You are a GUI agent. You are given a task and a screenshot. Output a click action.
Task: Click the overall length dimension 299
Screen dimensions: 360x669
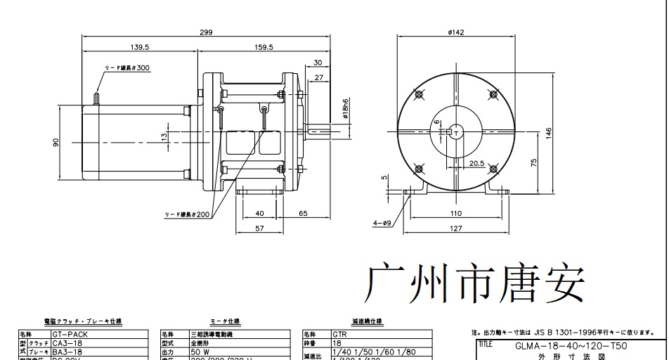tap(205, 32)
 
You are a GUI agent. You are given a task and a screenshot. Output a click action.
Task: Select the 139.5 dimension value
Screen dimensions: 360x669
tap(140, 47)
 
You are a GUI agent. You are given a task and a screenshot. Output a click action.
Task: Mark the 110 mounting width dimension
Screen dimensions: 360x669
tap(455, 212)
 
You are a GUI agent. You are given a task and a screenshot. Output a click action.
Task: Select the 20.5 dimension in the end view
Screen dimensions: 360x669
tap(476, 163)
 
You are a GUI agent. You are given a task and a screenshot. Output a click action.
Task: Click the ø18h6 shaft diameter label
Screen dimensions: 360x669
tap(346, 110)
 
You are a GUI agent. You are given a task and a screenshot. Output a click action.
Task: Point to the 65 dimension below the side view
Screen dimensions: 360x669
tap(303, 212)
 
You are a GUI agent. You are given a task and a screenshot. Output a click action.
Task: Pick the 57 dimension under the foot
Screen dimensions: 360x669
tap(259, 229)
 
